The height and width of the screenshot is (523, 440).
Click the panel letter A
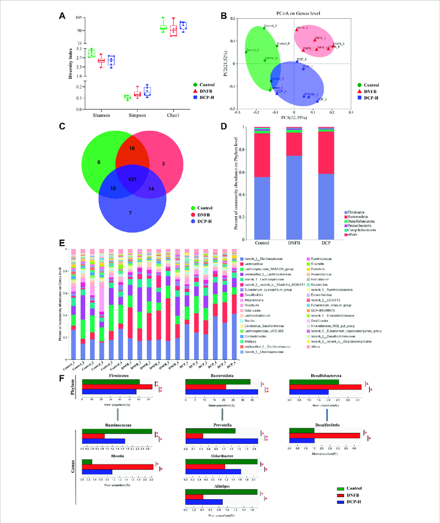point(62,16)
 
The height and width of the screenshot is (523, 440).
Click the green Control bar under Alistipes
point(221,491)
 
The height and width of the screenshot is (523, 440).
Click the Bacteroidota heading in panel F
point(221,376)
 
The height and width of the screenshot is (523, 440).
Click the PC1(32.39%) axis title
point(294,118)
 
